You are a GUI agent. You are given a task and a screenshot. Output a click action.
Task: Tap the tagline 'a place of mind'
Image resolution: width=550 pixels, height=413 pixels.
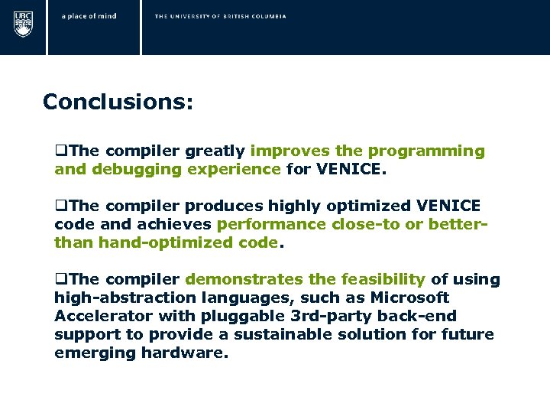(89, 16)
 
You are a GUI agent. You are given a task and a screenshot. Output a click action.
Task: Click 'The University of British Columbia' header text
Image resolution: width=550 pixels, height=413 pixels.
(220, 16)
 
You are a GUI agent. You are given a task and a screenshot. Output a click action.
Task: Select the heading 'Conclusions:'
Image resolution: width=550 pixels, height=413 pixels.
(118, 102)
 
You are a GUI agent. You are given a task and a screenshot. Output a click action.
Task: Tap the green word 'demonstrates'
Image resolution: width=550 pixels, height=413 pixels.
(244, 280)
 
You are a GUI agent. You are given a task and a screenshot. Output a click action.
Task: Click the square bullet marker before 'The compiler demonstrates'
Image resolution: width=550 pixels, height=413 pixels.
(59, 280)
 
